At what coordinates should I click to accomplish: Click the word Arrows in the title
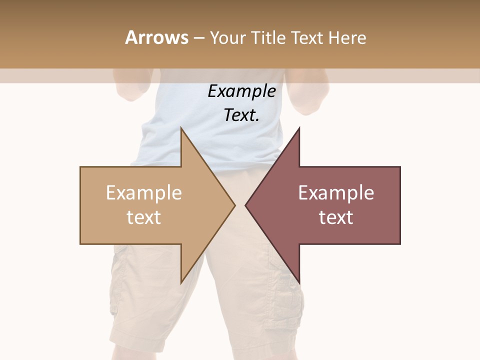(157, 37)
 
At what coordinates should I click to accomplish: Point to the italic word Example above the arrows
(241, 91)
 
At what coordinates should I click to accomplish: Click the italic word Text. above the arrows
(241, 115)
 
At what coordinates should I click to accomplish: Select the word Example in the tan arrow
(144, 193)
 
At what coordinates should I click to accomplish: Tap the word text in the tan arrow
(144, 217)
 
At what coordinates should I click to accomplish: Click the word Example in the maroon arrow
(336, 193)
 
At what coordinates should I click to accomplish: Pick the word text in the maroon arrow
(336, 217)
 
